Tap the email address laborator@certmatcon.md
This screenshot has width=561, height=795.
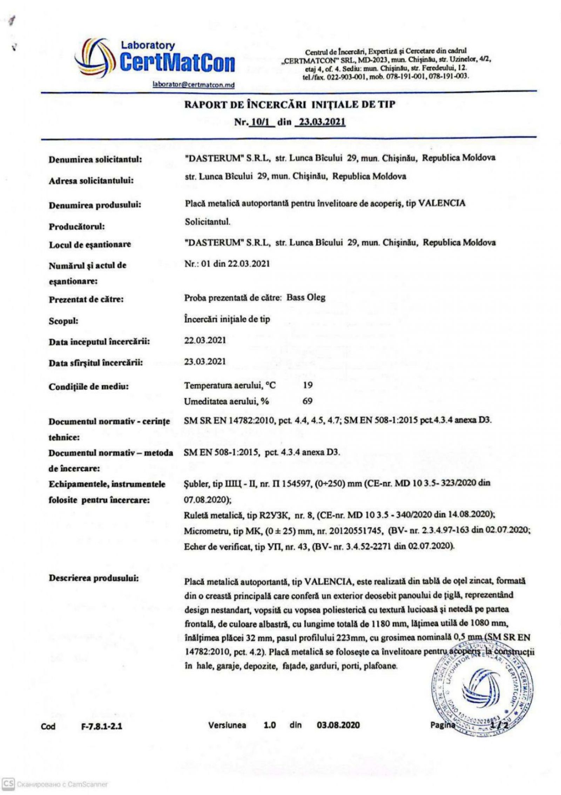pyautogui.click(x=194, y=85)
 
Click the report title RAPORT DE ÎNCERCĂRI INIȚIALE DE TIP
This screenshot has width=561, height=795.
pyautogui.click(x=290, y=105)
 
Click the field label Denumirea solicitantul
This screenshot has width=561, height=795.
pyautogui.click(x=95, y=160)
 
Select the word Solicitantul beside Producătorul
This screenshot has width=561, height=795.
pyautogui.click(x=207, y=222)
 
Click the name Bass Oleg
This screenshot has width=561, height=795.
pyautogui.click(x=306, y=298)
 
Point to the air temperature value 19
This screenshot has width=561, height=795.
pyautogui.click(x=308, y=385)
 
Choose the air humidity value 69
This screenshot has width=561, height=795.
pyautogui.click(x=307, y=401)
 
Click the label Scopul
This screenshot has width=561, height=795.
pyautogui.click(x=63, y=321)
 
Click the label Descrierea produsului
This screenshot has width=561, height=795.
pyautogui.click(x=94, y=578)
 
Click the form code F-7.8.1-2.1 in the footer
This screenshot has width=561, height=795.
pyautogui.click(x=101, y=726)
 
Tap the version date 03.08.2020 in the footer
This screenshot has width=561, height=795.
pyautogui.click(x=338, y=725)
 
